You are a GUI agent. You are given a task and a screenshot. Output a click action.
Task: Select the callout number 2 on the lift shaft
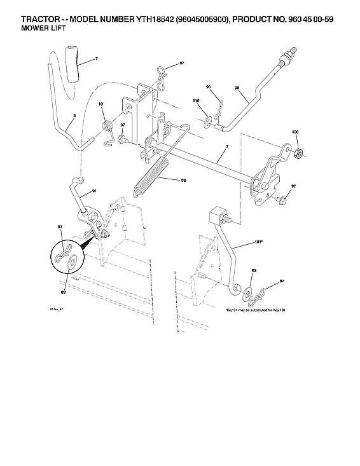point(226,147)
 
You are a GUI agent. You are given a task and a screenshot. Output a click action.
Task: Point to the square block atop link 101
point(218,214)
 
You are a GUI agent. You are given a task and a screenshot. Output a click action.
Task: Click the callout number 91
point(93,190)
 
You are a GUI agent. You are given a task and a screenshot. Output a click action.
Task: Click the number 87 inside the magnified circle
point(61,227)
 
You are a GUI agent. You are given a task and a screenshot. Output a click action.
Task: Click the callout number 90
point(209,86)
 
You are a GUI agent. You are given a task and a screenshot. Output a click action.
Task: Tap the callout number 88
point(183,181)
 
